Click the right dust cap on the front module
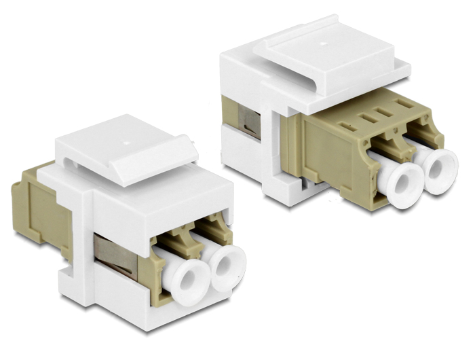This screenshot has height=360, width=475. click(225, 270)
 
